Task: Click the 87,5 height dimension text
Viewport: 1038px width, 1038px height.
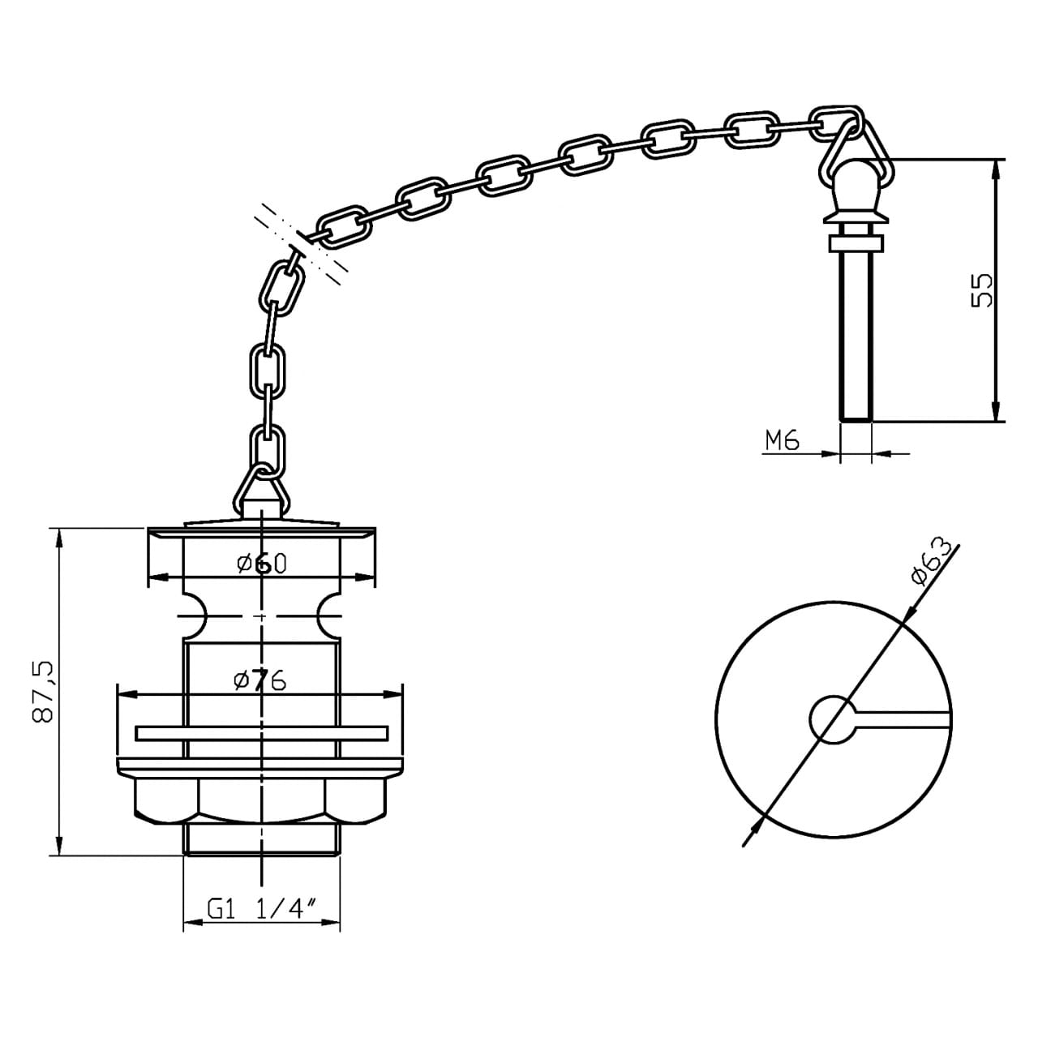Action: (x=42, y=691)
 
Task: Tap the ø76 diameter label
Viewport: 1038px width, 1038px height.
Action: (x=259, y=680)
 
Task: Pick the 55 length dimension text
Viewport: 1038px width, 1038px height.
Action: (x=981, y=290)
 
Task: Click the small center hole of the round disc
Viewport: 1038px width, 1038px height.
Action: (x=832, y=718)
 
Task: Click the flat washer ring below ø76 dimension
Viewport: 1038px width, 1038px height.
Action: (x=261, y=733)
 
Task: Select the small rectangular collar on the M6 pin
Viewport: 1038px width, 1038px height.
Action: (x=856, y=243)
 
